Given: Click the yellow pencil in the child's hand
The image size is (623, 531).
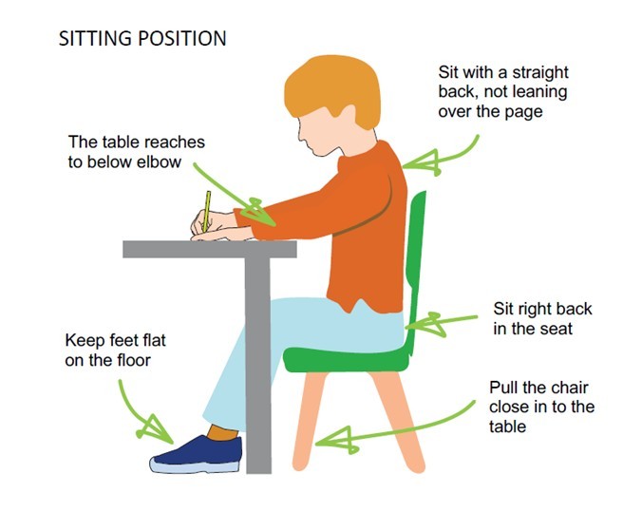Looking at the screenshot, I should (205, 211).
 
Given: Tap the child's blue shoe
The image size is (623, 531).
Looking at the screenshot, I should (198, 454).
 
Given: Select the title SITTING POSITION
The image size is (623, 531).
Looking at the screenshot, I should (142, 39).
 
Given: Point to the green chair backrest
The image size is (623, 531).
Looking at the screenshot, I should (416, 256).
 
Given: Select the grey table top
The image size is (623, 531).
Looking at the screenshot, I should (209, 249).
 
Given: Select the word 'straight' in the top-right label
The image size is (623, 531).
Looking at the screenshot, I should (538, 72).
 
